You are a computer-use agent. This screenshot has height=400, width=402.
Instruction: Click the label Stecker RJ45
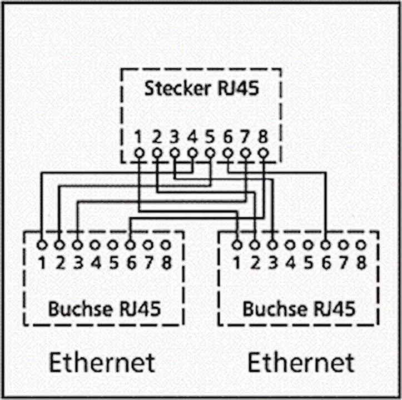tap(201, 88)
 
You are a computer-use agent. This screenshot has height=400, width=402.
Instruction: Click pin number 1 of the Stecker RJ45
tap(139, 135)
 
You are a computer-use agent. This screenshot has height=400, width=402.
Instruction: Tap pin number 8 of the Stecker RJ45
tap(263, 135)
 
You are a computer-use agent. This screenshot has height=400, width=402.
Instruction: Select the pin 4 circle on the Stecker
tap(192, 153)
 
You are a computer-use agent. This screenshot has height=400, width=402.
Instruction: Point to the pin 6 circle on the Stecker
tap(227, 153)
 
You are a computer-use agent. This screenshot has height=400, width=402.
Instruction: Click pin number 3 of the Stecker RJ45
tap(175, 135)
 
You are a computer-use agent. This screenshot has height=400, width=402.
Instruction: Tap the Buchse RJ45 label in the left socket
tap(104, 308)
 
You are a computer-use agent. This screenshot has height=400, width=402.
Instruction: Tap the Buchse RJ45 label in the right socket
tap(299, 308)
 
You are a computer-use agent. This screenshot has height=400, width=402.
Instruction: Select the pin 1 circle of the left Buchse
tap(42, 244)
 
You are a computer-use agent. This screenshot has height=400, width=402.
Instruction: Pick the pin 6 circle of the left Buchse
tap(131, 244)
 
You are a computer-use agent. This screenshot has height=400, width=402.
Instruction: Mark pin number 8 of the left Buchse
tap(166, 262)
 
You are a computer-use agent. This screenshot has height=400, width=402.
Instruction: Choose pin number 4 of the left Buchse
tap(95, 262)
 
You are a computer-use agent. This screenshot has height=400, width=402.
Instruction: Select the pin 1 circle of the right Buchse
tap(237, 244)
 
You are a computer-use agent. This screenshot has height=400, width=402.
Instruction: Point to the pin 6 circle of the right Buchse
tap(326, 244)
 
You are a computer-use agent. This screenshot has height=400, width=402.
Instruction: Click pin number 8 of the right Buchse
tap(361, 262)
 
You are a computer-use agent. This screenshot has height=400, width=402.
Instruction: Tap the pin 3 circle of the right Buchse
tap(272, 244)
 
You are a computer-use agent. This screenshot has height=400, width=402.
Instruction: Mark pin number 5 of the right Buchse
tap(308, 262)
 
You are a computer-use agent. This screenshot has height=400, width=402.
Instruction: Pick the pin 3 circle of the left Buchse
tap(77, 244)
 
